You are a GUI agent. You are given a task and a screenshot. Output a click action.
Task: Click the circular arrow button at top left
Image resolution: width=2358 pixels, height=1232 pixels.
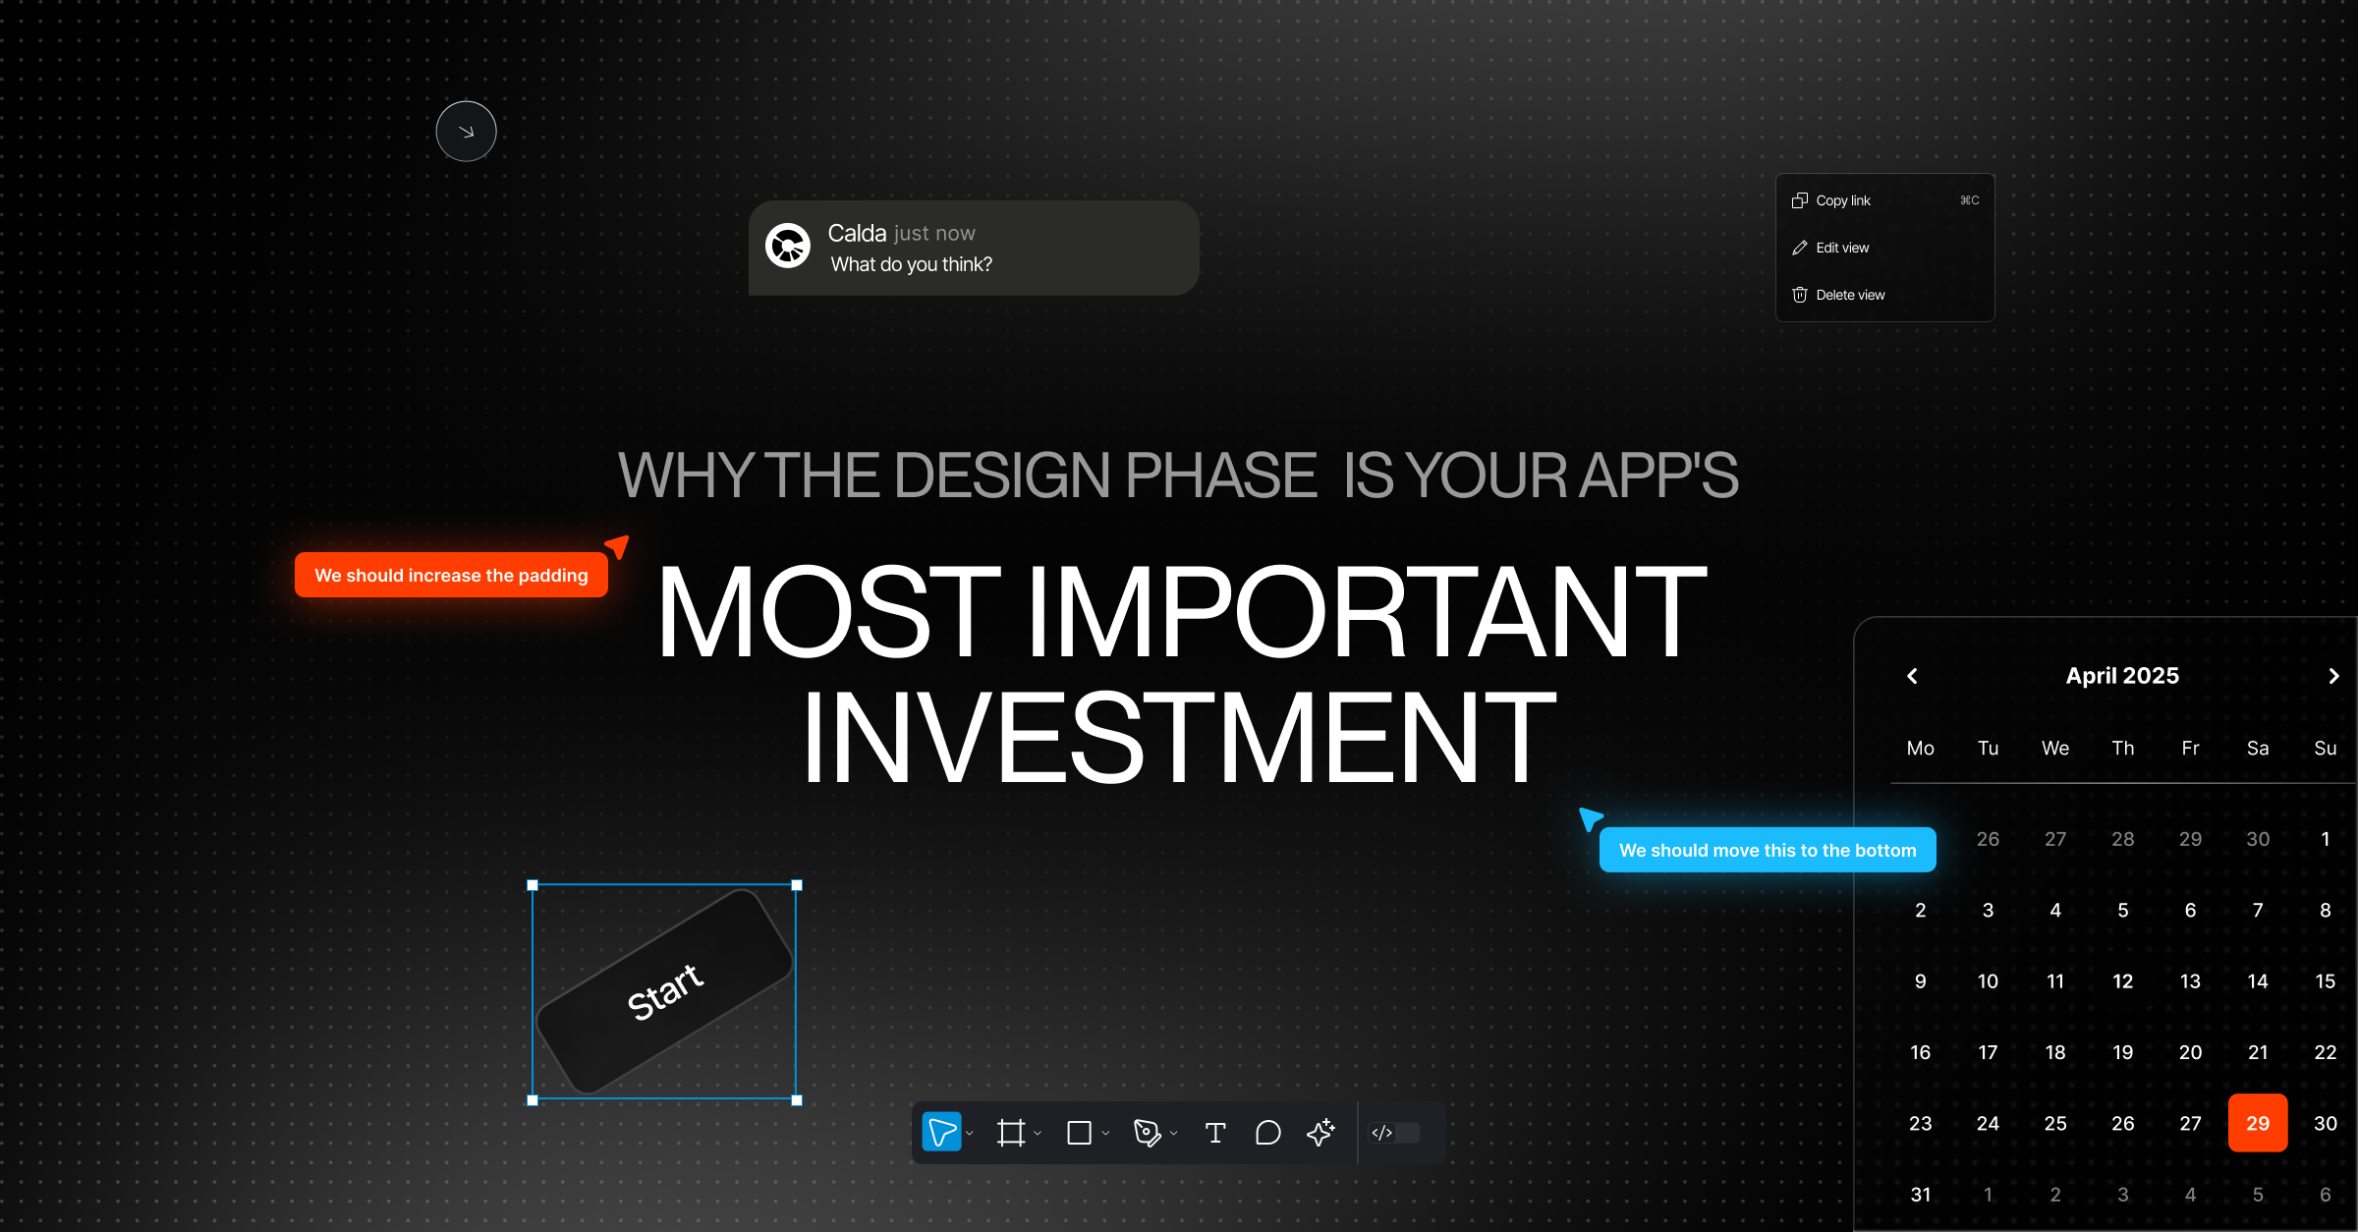click(x=466, y=132)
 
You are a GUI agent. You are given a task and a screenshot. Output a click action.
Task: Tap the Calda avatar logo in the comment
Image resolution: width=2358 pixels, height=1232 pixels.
click(x=788, y=246)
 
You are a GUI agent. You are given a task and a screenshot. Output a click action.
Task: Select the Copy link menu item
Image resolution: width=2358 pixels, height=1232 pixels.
click(x=1843, y=200)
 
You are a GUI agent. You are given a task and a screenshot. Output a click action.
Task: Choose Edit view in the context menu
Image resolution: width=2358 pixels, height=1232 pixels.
click(x=1842, y=248)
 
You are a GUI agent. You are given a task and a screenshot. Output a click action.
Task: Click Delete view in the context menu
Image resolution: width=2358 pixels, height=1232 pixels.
click(x=1849, y=295)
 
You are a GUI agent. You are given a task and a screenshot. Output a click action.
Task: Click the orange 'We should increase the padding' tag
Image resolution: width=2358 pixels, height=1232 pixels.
click(x=451, y=575)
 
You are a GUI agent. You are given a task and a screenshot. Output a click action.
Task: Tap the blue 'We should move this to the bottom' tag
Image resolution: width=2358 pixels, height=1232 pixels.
click(x=1767, y=850)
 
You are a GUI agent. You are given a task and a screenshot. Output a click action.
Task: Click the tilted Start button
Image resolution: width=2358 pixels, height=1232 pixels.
click(x=665, y=990)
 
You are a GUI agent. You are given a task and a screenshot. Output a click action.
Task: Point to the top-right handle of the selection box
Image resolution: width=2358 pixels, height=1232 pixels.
click(x=797, y=885)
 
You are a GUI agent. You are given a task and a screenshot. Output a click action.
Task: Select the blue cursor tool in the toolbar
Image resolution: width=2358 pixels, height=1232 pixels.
click(x=941, y=1133)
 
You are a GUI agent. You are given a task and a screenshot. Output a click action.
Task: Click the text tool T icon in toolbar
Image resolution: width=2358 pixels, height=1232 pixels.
click(x=1215, y=1133)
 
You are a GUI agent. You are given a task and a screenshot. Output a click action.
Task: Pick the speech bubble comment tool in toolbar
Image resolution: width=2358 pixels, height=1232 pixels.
click(x=1267, y=1133)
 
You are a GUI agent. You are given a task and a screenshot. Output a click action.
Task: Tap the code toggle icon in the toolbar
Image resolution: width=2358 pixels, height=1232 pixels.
click(x=1382, y=1133)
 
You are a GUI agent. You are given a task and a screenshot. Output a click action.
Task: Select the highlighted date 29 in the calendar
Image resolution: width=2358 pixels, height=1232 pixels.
click(x=2257, y=1123)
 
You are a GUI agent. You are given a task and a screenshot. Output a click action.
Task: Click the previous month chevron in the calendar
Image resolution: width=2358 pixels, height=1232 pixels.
click(x=1912, y=676)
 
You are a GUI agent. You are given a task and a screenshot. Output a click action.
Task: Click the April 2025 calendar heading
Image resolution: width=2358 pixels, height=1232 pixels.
click(x=2122, y=676)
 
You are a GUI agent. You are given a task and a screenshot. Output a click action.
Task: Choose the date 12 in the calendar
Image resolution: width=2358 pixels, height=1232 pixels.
click(x=2122, y=981)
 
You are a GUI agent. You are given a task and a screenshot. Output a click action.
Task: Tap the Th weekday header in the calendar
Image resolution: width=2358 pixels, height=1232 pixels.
click(x=2122, y=749)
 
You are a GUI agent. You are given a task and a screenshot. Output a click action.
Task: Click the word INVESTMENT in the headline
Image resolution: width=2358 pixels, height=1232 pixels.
click(x=1179, y=737)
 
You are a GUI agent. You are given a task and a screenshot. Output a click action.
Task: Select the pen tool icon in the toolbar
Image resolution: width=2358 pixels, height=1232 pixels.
click(x=1146, y=1133)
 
